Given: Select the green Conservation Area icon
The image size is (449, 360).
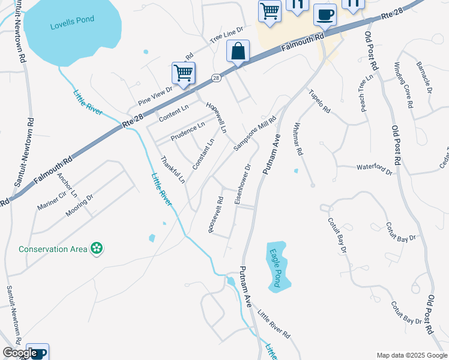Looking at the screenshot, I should (x=97, y=248).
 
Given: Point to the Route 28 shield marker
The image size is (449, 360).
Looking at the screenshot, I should (x=215, y=78).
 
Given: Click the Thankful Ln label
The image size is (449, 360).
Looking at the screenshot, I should (x=172, y=170).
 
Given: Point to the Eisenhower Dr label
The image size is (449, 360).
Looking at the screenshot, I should (x=243, y=183).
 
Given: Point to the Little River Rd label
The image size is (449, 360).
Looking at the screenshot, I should (x=274, y=325).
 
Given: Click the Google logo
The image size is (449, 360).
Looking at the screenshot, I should (x=19, y=353).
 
